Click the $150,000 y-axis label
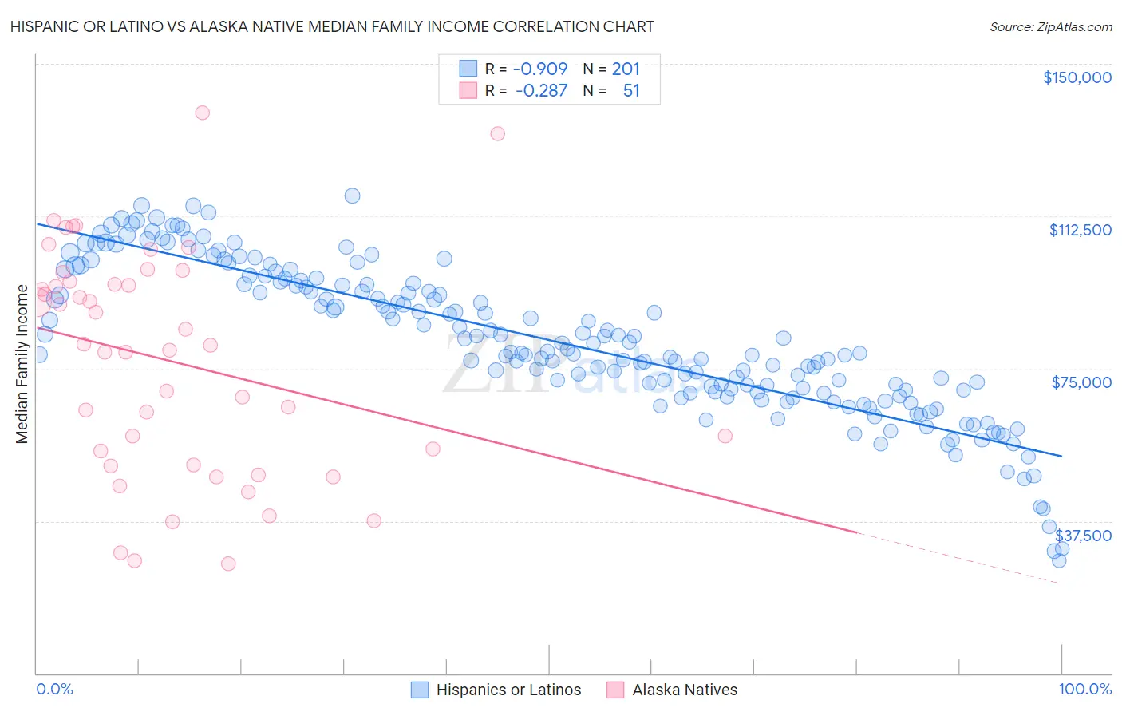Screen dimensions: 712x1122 [x=1077, y=77]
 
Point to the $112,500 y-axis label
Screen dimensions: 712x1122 [x=1080, y=230]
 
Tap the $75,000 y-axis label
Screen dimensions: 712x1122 [x=1081, y=382]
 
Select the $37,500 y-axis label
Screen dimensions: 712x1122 [x=1083, y=536]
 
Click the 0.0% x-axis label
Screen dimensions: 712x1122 [x=54, y=689]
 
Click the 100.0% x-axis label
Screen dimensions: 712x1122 [x=1084, y=689]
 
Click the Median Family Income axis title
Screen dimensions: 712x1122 [x=22, y=363]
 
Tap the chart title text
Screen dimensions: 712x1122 [x=332, y=26]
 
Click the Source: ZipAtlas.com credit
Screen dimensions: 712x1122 [x=1050, y=26]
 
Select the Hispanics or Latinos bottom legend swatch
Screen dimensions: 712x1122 [x=420, y=690]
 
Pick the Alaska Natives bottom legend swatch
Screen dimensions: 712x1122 [x=615, y=690]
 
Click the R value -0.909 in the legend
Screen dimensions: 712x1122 [x=540, y=69]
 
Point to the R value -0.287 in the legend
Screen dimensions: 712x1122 [x=541, y=90]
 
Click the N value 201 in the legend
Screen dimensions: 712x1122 [x=626, y=69]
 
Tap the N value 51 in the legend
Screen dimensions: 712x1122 [x=631, y=90]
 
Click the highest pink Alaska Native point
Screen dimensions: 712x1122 [x=202, y=113]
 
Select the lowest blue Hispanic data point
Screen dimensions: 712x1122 [x=1059, y=560]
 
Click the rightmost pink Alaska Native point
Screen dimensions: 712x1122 [x=725, y=436]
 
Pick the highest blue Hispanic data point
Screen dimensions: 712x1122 [x=352, y=196]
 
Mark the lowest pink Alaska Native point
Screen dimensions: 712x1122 [x=228, y=564]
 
